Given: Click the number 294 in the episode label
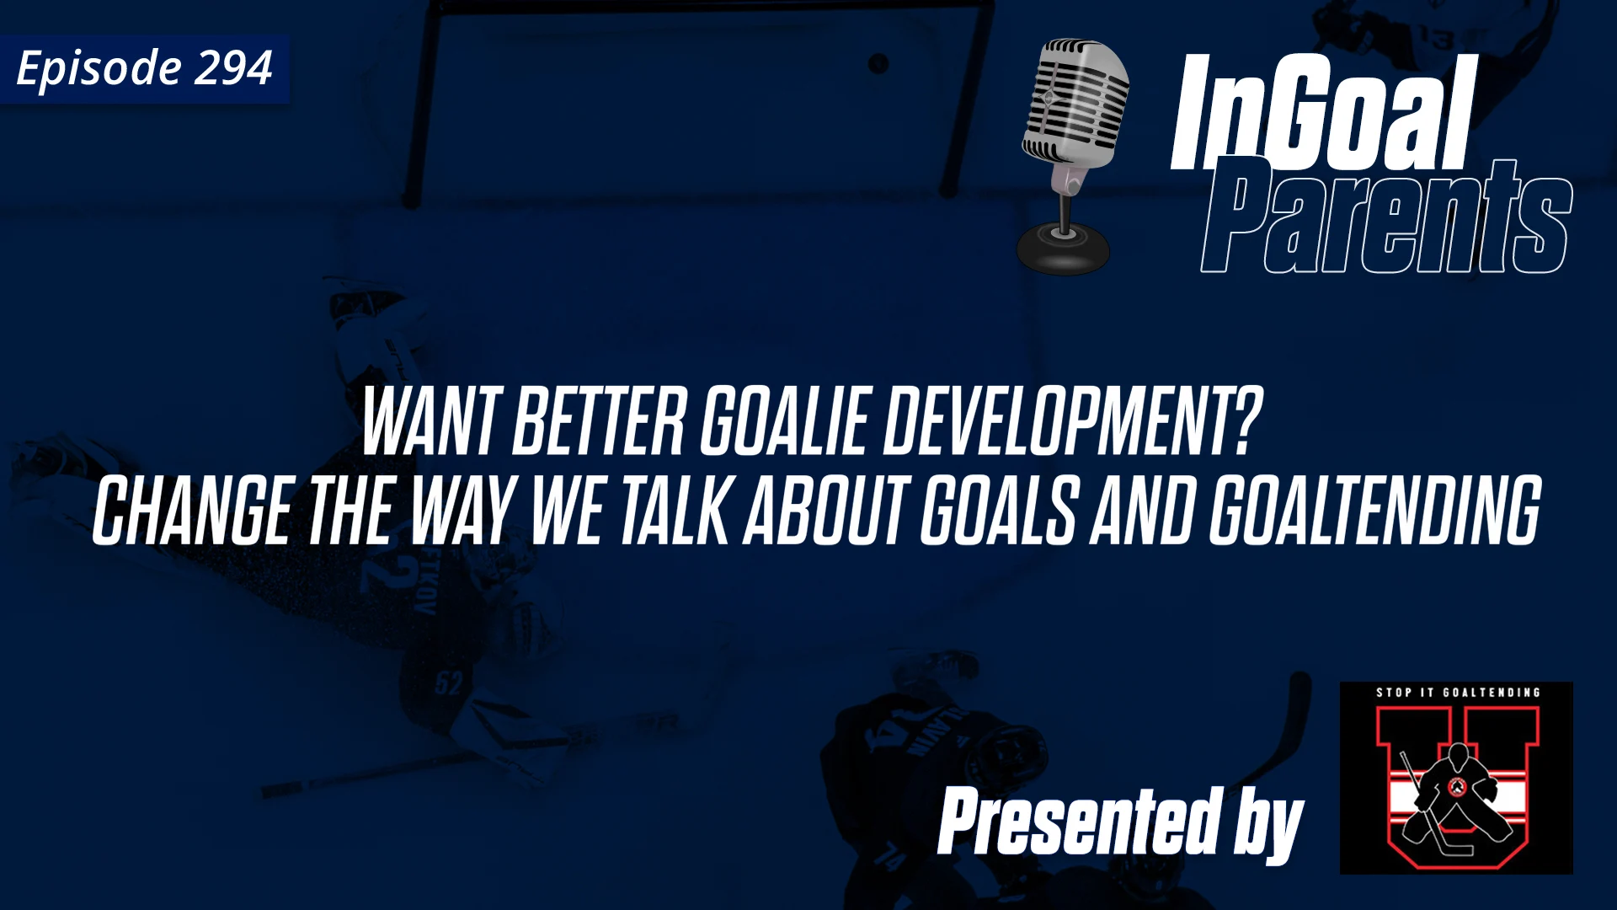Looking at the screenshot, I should pyautogui.click(x=233, y=68).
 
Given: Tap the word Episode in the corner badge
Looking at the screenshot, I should pyautogui.click(x=99, y=68).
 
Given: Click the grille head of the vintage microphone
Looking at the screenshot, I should pyautogui.click(x=1076, y=101).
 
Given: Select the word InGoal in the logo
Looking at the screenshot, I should pyautogui.click(x=1322, y=114).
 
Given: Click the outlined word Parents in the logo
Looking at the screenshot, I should pyautogui.click(x=1385, y=219).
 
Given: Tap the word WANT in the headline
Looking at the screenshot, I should pyautogui.click(x=431, y=422).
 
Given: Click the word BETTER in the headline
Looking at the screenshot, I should pyautogui.click(x=599, y=422).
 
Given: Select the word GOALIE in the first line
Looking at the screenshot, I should pyautogui.click(x=784, y=422).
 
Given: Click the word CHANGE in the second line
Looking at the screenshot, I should pyautogui.click(x=193, y=511).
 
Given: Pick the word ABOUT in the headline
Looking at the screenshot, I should pyautogui.click(x=826, y=511).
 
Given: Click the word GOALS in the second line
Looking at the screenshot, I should pyautogui.click(x=999, y=511).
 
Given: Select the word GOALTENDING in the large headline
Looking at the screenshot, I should pyautogui.click(x=1375, y=511).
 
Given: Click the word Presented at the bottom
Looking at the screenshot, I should pyautogui.click(x=1079, y=821).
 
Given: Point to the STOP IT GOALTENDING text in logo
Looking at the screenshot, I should pyautogui.click(x=1458, y=693).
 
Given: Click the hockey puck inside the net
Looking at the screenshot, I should pyautogui.click(x=878, y=63).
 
